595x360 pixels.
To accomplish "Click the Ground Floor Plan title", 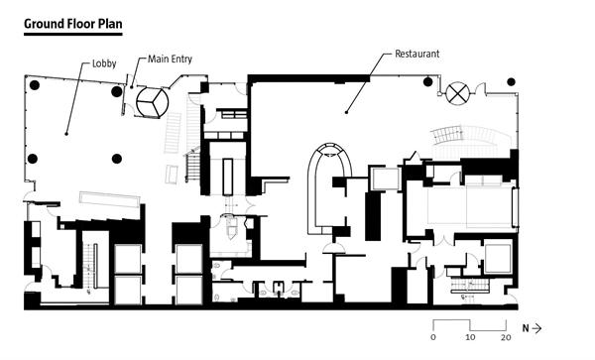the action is (x=72, y=24).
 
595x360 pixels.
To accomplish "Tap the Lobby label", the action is (x=104, y=63).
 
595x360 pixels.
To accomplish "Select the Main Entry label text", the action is (x=170, y=59).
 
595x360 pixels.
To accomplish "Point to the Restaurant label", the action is (x=417, y=54).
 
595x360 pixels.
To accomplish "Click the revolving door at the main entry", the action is (x=152, y=102).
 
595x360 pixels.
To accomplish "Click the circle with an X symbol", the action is (x=457, y=93).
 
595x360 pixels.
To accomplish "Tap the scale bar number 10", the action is (x=470, y=337).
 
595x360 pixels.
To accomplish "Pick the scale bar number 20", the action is (x=506, y=337).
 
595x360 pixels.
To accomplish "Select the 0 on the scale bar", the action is (x=433, y=337).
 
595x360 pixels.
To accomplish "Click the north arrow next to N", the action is (x=536, y=328).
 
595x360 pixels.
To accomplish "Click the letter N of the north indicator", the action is (x=526, y=328).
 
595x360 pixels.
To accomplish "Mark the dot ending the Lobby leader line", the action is (x=66, y=134).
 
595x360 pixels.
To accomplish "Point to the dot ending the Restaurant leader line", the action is (x=346, y=112).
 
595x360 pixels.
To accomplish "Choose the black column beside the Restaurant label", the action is (x=427, y=81).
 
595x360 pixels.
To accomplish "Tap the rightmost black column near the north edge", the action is (x=511, y=81).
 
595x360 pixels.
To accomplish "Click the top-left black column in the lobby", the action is (x=35, y=85).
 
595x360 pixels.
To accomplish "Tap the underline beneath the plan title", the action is (x=72, y=34).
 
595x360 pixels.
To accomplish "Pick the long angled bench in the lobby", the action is (x=110, y=199).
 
